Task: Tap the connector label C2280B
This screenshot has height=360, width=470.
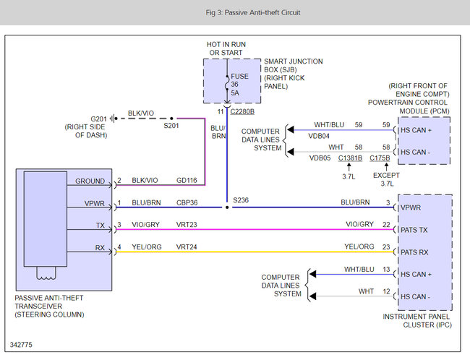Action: (x=243, y=112)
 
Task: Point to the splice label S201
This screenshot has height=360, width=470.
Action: (x=171, y=126)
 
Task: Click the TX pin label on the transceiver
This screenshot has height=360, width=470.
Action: (x=100, y=226)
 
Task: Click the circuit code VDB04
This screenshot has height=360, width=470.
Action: (x=319, y=135)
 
